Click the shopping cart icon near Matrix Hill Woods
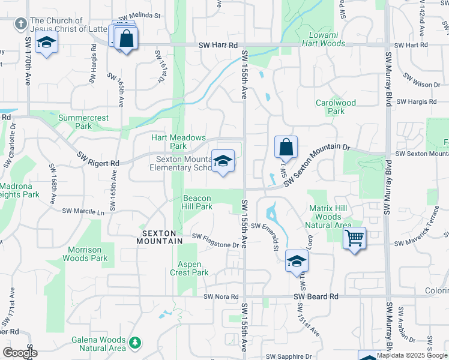coord(355,238)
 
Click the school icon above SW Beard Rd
coord(297,261)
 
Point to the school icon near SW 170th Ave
coord(46,43)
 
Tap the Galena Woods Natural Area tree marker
coord(136,343)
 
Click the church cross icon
coord(21,23)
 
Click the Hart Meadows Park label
coord(178,142)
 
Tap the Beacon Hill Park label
coord(197,202)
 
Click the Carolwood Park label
coord(336,107)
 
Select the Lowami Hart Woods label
coord(323,40)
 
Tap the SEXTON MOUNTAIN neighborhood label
coord(162,237)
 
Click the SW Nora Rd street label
coord(217,296)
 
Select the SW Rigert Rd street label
coord(98,159)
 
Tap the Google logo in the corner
coord(19,352)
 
